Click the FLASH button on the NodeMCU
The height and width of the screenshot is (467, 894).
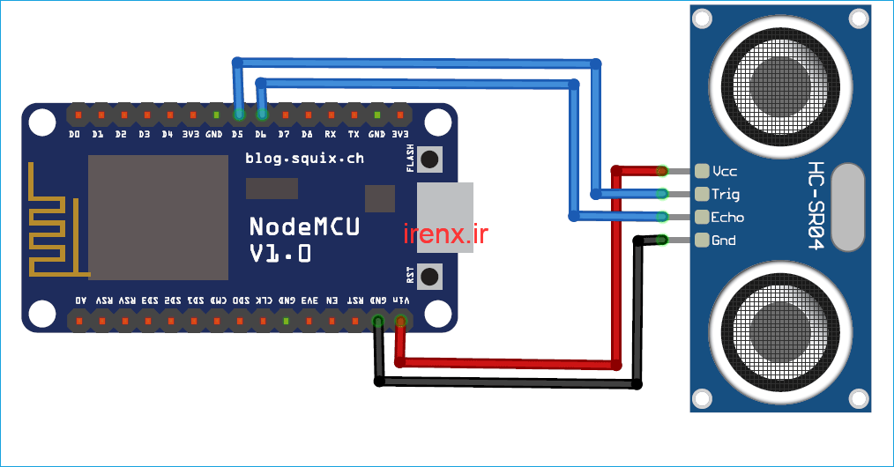point(430,159)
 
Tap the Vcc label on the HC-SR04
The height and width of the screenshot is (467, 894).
point(726,171)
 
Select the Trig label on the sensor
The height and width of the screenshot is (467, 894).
point(726,194)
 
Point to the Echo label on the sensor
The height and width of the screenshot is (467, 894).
point(727,217)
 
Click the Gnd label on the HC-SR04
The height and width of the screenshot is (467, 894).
point(724,240)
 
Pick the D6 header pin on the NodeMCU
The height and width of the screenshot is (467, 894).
point(262,115)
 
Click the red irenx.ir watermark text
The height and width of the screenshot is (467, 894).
point(445,234)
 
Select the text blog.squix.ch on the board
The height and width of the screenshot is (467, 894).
point(304,159)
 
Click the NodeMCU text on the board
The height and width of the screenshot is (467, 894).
point(304,226)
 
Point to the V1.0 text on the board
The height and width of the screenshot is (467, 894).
point(279,254)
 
